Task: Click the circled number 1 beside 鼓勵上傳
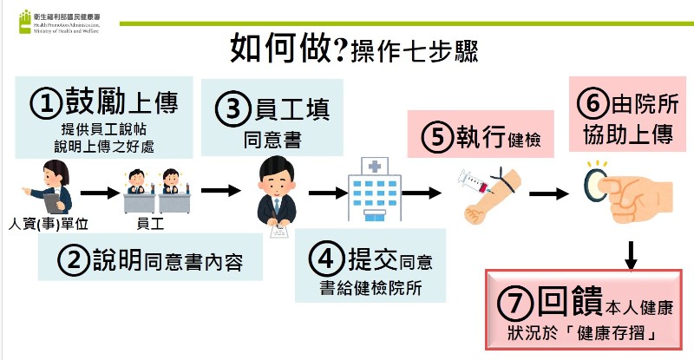click(x=47, y=103)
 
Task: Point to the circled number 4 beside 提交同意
click(x=327, y=259)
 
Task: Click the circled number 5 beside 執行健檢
click(x=437, y=136)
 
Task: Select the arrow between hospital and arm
click(x=422, y=193)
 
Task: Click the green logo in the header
click(x=25, y=21)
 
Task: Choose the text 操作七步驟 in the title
click(x=413, y=50)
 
